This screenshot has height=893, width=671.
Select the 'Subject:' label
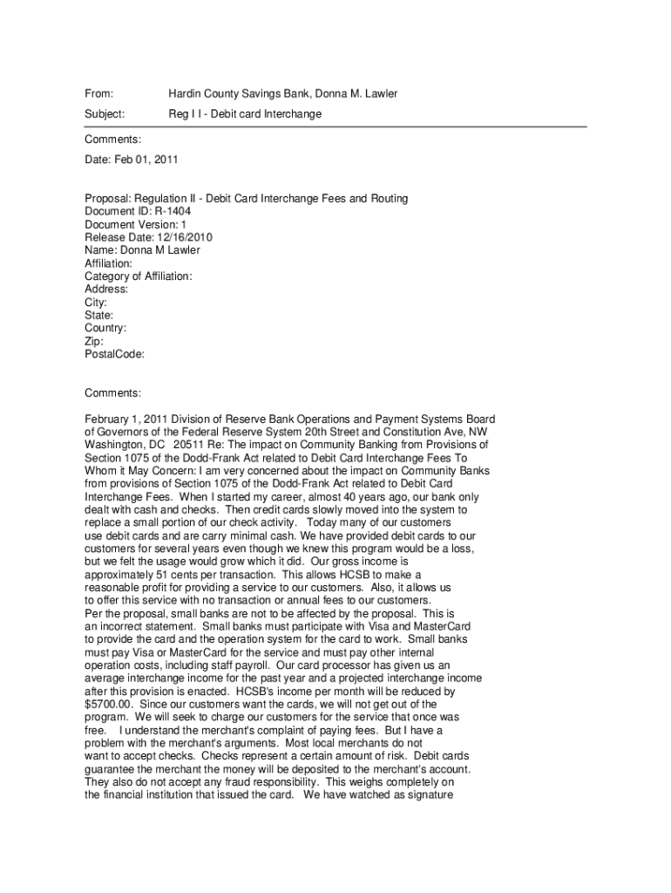tap(105, 114)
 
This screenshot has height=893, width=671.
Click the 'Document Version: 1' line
tap(135, 224)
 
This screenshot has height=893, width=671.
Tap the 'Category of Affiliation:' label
tap(139, 276)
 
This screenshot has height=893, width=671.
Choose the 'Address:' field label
tap(106, 289)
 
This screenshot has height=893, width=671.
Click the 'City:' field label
tap(96, 302)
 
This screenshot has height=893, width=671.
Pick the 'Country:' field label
tap(105, 328)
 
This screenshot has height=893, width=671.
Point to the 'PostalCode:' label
tap(114, 354)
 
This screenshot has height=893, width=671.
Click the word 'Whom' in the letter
tap(100, 470)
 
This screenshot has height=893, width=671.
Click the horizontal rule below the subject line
tap(335, 127)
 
